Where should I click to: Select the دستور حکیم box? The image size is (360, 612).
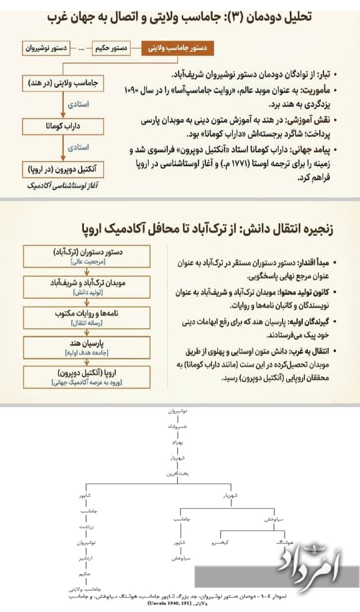tap(111, 49)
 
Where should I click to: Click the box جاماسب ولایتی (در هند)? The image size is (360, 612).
tap(60, 84)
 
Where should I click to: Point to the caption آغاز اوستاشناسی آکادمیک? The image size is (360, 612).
tap(60, 183)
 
